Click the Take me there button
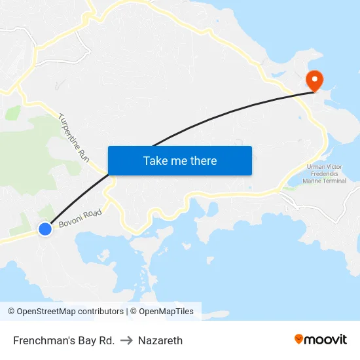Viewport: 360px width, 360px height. pos(180,160)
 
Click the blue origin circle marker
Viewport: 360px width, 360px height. pos(45,229)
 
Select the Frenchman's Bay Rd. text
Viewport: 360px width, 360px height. pos(63,340)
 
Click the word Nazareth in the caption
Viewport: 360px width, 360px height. pos(160,340)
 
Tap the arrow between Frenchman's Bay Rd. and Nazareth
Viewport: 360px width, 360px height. pos(126,340)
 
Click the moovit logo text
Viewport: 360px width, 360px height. pos(326,340)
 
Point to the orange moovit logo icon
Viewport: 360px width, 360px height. pos(299,339)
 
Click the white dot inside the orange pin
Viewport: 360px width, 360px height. pos(315,78)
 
